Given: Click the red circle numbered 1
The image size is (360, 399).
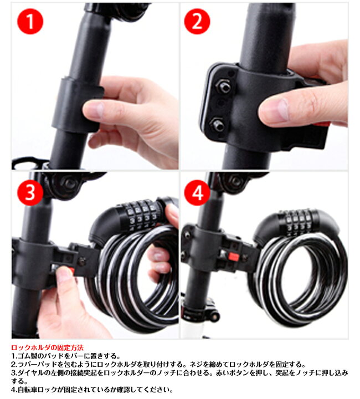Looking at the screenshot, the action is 30,22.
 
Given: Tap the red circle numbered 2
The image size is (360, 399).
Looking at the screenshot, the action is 197,22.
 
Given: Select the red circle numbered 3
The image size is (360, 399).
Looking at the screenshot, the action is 30,193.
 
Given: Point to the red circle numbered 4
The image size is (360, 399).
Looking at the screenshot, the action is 197,193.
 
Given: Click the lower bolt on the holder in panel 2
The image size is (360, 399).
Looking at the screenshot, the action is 218,125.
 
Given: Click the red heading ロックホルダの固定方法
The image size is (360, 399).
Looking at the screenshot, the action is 47,347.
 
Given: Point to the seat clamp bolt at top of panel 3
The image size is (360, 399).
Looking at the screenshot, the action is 69,183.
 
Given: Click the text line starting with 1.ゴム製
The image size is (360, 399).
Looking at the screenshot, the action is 65,356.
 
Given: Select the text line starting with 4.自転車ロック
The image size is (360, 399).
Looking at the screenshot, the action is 92,390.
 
